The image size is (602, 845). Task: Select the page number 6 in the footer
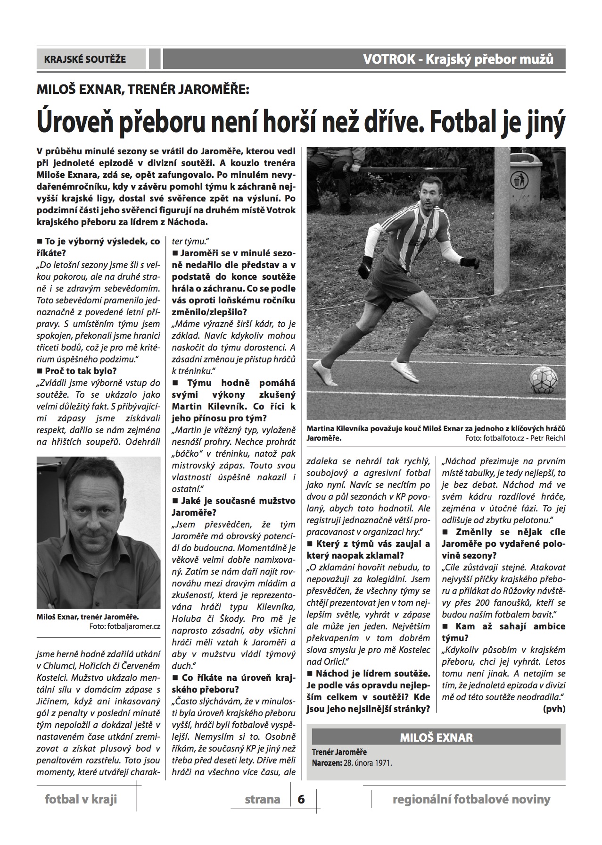point(301,799)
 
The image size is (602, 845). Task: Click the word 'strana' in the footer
point(263,799)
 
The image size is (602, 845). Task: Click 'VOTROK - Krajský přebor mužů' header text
point(458,59)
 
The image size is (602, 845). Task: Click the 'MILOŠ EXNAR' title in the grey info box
point(436,737)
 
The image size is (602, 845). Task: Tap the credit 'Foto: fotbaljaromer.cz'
point(124,627)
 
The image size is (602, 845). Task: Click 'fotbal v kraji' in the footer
point(81,799)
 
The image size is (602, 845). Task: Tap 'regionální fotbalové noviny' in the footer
point(471,799)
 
